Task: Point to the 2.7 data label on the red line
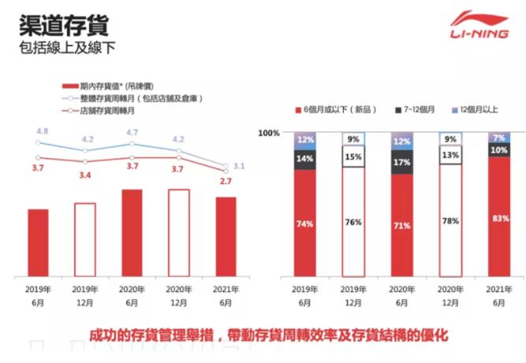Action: [x=226, y=181]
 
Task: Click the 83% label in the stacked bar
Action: [x=498, y=220]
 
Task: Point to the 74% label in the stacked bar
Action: [x=304, y=224]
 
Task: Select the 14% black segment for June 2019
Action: [x=304, y=158]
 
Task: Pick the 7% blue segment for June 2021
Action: [x=498, y=138]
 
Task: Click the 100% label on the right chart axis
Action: [x=270, y=133]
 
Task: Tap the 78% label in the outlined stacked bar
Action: [x=450, y=221]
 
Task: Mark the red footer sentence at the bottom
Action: [x=269, y=334]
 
